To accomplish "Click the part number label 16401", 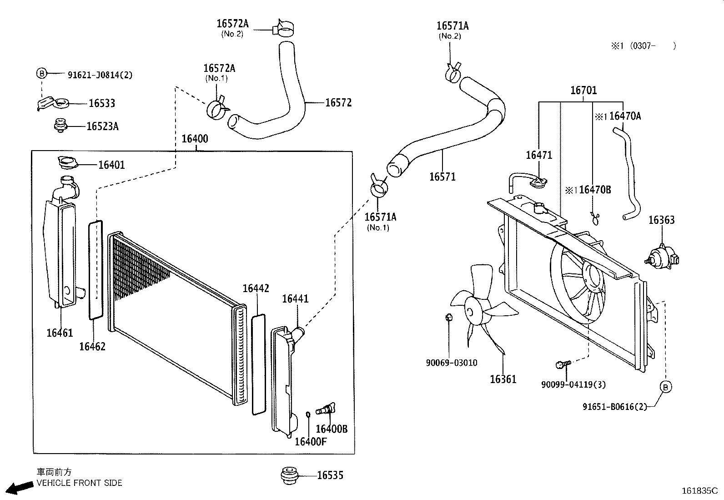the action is point(111,165).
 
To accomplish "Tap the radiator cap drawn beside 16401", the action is point(68,162).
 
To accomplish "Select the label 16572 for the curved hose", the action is point(338,103).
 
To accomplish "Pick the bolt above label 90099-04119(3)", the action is point(563,364).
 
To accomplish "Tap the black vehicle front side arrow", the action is point(20,488).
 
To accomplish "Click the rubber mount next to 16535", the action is point(289,476).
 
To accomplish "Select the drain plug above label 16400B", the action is point(326,409).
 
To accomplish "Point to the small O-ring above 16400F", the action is point(308,414).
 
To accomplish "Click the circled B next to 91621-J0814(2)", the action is point(42,73).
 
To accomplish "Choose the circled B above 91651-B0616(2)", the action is point(665,387).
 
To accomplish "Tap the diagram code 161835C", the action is point(699,490).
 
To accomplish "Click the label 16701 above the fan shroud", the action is point(583,90).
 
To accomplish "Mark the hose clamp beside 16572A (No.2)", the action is point(283,28).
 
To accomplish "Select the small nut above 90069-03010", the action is point(448,317).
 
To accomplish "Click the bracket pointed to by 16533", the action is point(53,103).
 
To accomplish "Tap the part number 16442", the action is point(256,288).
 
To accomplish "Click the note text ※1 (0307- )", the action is point(643,46).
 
